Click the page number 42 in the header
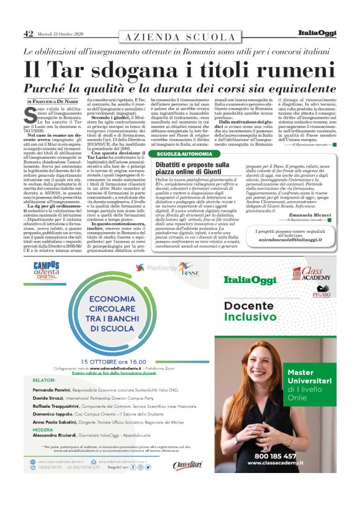pyautogui.click(x=28, y=34)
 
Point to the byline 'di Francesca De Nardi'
pyautogui.click(x=53, y=101)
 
